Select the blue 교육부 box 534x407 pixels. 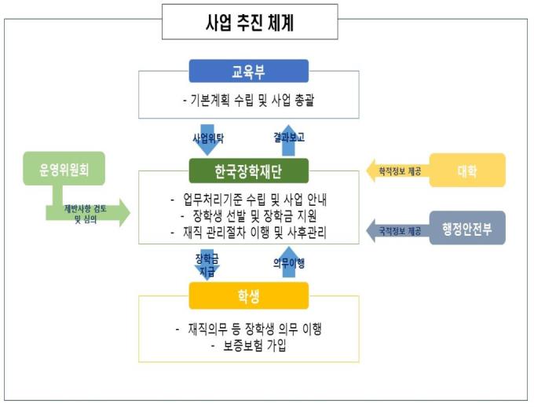[x=248, y=71]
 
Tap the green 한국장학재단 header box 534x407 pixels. [x=248, y=170]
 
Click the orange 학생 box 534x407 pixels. [x=248, y=295]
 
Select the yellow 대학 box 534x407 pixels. [x=466, y=170]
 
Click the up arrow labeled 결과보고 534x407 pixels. [x=288, y=137]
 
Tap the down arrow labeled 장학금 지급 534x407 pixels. [x=207, y=262]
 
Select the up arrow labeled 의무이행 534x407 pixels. [x=288, y=262]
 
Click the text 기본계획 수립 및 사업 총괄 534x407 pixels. [x=248, y=101]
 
